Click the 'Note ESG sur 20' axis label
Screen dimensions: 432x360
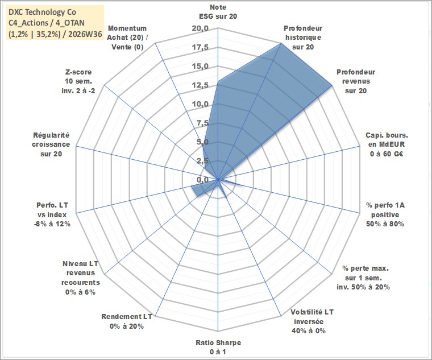[218, 11]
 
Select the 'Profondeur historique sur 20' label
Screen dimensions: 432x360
[303, 38]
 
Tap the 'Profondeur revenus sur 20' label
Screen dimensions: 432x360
[356, 81]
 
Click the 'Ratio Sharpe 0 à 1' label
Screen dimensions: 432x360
[218, 347]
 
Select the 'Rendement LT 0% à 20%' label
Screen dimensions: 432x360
[127, 321]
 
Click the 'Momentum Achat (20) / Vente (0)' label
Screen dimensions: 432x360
[127, 38]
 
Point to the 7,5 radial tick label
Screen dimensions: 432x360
[202, 123]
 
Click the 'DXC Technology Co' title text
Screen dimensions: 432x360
[43, 12]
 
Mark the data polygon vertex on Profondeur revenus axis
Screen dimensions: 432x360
[332, 86]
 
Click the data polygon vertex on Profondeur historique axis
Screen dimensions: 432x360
[281, 43]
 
